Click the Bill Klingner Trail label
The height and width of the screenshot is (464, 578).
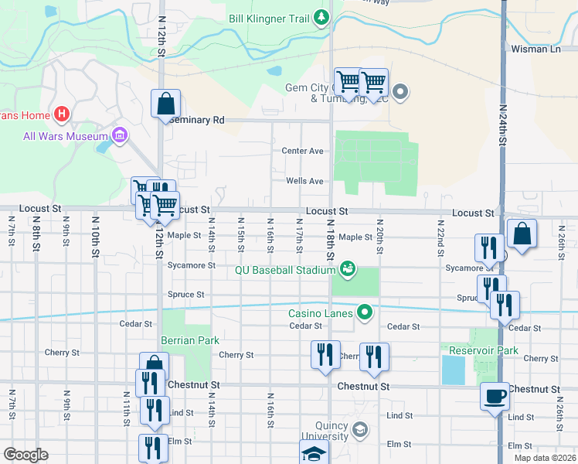[x=269, y=18]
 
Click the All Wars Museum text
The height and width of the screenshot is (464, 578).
[x=65, y=136]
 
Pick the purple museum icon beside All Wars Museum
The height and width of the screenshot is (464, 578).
[x=120, y=137]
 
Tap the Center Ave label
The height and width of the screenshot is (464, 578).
[x=302, y=151]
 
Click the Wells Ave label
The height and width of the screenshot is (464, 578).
[x=304, y=181]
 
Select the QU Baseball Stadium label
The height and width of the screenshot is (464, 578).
[x=286, y=270]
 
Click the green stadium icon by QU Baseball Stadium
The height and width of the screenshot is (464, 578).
[x=348, y=268]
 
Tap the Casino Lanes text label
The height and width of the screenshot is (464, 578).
[x=321, y=313]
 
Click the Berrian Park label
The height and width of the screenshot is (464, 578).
[x=190, y=340]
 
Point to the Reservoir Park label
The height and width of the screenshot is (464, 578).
[x=484, y=350]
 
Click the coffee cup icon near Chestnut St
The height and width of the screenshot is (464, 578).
[x=495, y=397]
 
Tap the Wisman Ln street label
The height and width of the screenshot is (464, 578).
[x=535, y=49]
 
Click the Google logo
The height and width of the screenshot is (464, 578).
[x=26, y=455]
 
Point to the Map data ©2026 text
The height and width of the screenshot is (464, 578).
[x=544, y=458]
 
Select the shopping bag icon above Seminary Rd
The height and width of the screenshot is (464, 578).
[x=165, y=103]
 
